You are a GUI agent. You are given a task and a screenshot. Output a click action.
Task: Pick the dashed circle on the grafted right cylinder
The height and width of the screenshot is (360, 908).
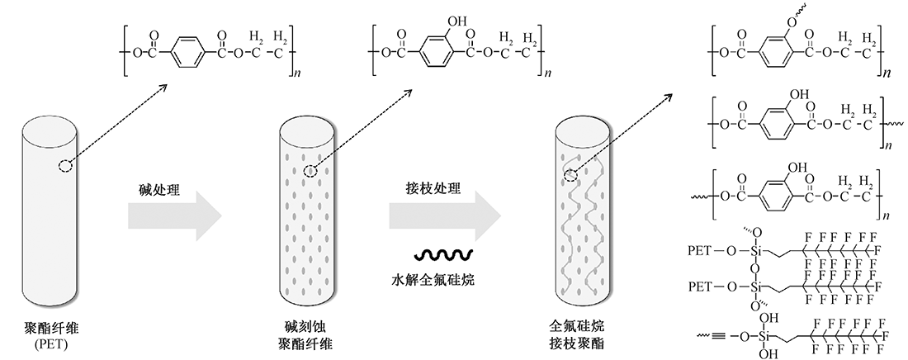pyautogui.click(x=571, y=172)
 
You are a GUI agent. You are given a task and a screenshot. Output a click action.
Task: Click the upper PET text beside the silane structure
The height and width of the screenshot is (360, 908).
pyautogui.click(x=703, y=249)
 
